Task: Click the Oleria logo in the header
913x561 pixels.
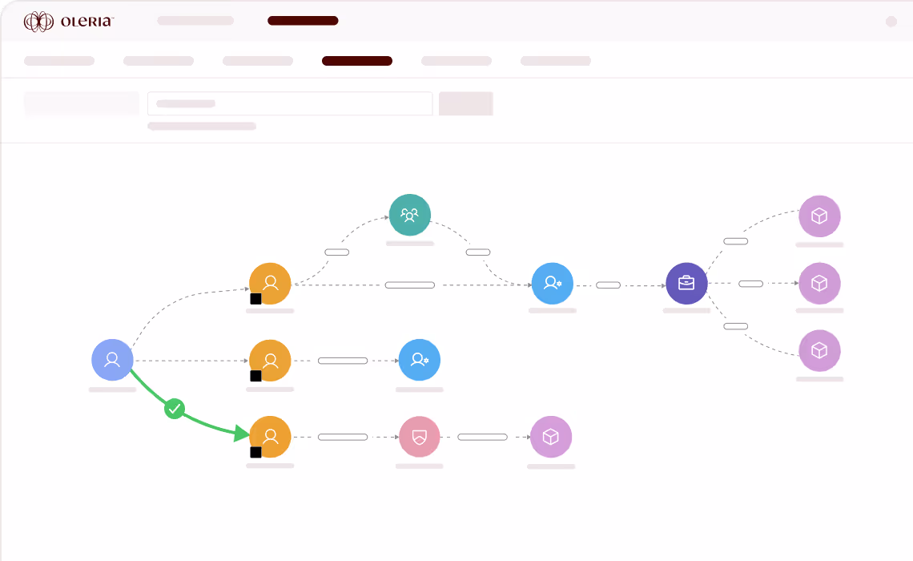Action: (x=69, y=22)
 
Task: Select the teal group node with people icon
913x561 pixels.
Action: (x=410, y=215)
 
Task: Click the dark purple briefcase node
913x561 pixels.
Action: (x=686, y=283)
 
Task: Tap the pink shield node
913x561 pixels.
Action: (x=419, y=437)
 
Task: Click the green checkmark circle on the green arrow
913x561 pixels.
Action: (x=175, y=410)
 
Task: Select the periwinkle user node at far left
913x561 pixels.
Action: (x=112, y=360)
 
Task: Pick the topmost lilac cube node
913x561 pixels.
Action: (x=819, y=216)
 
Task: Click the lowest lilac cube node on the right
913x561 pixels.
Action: (x=819, y=351)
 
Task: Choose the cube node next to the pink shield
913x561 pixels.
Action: (x=551, y=437)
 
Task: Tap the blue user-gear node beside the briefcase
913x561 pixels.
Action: (x=553, y=283)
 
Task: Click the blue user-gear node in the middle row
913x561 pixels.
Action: (x=420, y=361)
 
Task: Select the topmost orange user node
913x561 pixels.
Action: (x=270, y=283)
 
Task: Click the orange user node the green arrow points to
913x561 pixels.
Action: (x=270, y=437)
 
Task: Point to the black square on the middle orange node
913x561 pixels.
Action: (x=255, y=376)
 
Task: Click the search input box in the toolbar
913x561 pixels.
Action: (x=290, y=103)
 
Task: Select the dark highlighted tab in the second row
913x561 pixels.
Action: (x=357, y=61)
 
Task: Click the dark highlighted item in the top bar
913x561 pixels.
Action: (x=303, y=21)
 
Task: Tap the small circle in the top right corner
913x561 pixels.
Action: (x=891, y=22)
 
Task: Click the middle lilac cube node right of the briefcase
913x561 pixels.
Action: (x=819, y=283)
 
